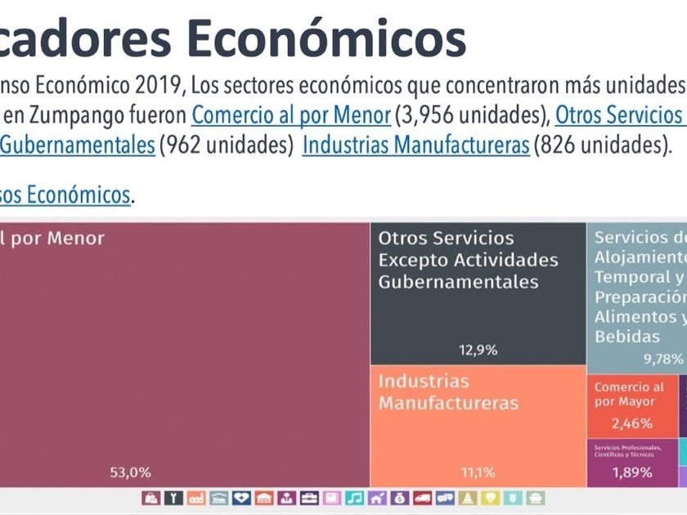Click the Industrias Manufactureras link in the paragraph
[415, 146]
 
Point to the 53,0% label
[130, 472]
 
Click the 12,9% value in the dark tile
[478, 350]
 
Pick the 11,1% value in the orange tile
[478, 472]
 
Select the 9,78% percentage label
[662, 358]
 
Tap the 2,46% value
[632, 423]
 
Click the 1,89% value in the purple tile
[632, 472]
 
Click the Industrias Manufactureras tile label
[448, 392]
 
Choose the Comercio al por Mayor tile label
[629, 394]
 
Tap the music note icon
[354, 498]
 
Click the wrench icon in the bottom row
[173, 498]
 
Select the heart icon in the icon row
[241, 498]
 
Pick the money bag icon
[399, 498]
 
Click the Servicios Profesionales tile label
[630, 450]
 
